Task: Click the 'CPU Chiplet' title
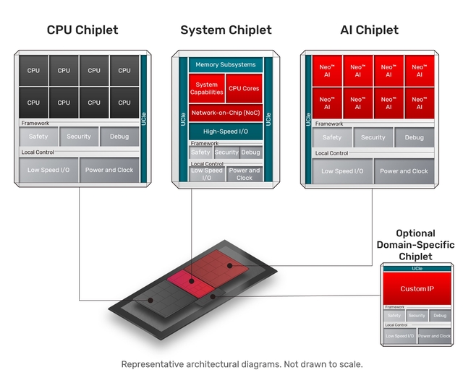tap(82, 30)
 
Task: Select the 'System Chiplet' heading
tap(226, 30)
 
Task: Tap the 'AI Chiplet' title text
tap(369, 30)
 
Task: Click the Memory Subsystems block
tap(226, 65)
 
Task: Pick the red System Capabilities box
tap(207, 89)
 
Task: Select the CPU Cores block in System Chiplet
tap(244, 89)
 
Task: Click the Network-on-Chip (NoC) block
tap(226, 113)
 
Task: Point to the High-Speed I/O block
tap(226, 132)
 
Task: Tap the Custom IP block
tap(417, 289)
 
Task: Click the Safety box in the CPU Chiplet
tap(38, 137)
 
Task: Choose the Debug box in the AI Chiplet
tap(415, 137)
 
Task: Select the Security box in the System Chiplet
tap(226, 152)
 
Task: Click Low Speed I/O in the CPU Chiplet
tap(48, 170)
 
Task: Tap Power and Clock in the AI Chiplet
tap(404, 171)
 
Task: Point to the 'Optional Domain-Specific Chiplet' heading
tap(415, 245)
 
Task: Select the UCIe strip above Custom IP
tap(417, 269)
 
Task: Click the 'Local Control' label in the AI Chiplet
tap(332, 153)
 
